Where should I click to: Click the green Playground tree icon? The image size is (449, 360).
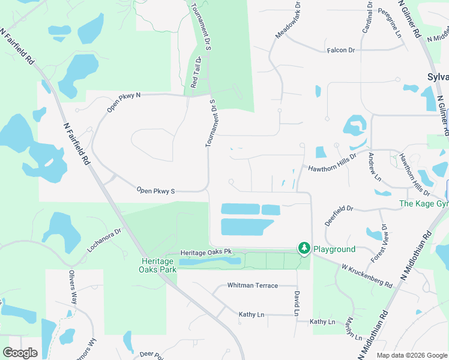[304, 248]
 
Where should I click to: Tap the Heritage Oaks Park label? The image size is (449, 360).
[159, 265]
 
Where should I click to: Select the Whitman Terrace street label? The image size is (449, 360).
[252, 286]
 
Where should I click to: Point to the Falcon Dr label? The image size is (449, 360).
[341, 50]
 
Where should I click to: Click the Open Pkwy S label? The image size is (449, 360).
[155, 191]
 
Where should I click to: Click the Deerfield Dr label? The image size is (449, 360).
[339, 208]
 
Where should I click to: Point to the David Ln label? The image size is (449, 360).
[297, 304]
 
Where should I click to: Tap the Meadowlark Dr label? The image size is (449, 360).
[287, 23]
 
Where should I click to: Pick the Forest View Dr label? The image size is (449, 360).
[379, 244]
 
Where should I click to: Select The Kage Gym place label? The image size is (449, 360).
[424, 204]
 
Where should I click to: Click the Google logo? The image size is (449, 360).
[20, 352]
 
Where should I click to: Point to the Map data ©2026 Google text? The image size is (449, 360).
[411, 355]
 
